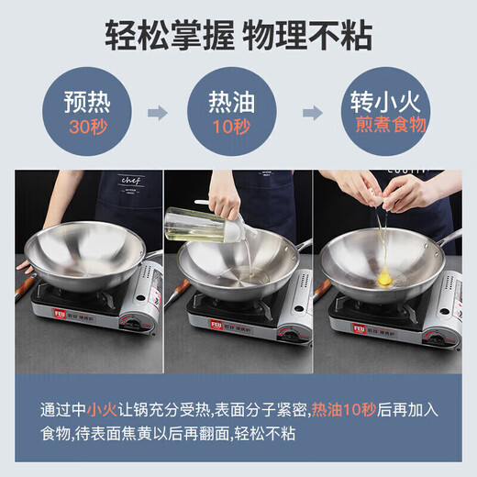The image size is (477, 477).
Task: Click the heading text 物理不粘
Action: [313, 36]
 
